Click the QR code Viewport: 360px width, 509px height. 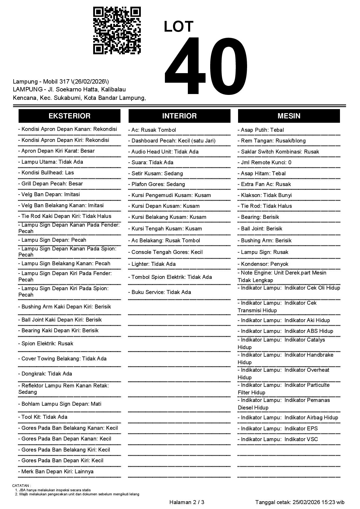pyautogui.click(x=117, y=31)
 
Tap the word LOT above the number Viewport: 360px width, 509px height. pyautogui.click(x=178, y=27)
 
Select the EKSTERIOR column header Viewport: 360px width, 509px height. pyautogui.click(x=69, y=116)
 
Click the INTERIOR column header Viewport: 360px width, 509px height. pyautogui.click(x=179, y=116)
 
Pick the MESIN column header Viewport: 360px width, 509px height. pyautogui.click(x=289, y=116)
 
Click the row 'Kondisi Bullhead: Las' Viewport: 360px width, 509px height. pyautogui.click(x=46, y=173)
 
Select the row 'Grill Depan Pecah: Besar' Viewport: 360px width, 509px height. pyautogui.click(x=51, y=184)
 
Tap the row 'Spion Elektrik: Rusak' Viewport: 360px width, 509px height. pyautogui.click(x=46, y=344)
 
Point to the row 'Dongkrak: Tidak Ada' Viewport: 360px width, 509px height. pyautogui.click(x=45, y=374)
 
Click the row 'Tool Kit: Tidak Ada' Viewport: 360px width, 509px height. pyautogui.click(x=43, y=417)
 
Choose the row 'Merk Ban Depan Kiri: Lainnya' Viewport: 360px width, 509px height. pyautogui.click(x=56, y=472)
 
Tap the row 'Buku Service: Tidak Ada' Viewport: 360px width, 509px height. pyautogui.click(x=160, y=292)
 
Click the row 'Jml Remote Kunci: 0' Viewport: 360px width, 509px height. pyautogui.click(x=264, y=163)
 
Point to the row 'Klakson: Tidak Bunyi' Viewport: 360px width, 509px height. pyautogui.click(x=265, y=195)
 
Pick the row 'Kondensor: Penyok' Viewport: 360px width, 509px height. pyautogui.click(x=263, y=264)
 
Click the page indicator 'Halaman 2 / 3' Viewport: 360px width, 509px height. pyautogui.click(x=187, y=502)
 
